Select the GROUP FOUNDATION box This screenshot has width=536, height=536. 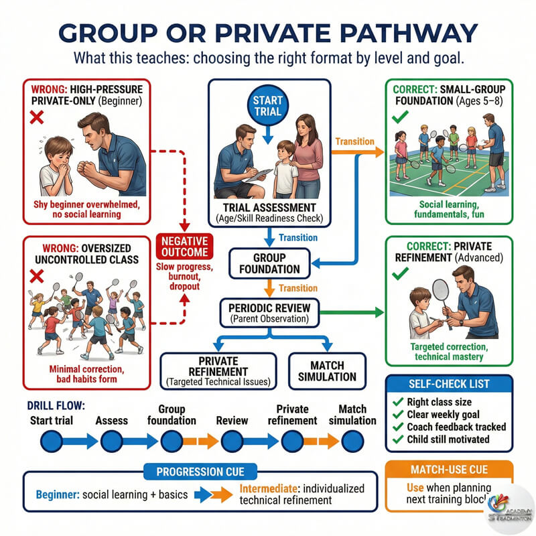[269, 263]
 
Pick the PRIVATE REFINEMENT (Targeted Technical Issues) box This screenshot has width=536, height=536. [218, 370]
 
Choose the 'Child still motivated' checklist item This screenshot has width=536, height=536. [446, 440]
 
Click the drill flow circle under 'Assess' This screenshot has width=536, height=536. [111, 441]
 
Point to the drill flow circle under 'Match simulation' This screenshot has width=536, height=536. [352, 441]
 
